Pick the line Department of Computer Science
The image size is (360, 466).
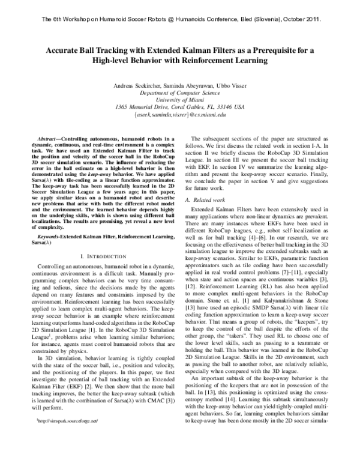tap(180, 94)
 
